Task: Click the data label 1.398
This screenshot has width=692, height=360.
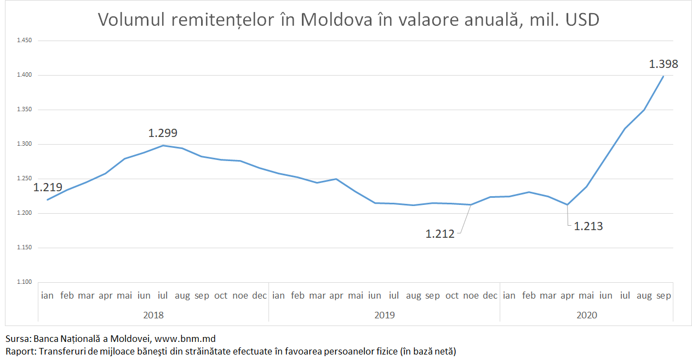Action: (x=664, y=64)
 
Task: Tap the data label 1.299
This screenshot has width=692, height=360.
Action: (x=163, y=133)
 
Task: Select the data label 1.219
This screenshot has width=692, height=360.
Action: (x=48, y=187)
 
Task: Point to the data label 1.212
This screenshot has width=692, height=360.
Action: (x=440, y=234)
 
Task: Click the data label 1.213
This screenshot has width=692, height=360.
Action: (x=588, y=226)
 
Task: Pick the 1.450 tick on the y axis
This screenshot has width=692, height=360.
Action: (x=25, y=41)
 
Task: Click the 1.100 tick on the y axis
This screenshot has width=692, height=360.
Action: (x=25, y=282)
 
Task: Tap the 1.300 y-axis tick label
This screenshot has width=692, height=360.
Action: (x=25, y=144)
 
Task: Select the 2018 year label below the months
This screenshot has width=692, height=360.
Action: (x=153, y=315)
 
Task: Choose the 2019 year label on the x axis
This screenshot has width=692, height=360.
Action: (x=384, y=315)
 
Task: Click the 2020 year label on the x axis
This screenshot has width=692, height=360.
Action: (x=586, y=315)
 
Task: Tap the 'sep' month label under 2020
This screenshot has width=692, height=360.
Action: (x=664, y=296)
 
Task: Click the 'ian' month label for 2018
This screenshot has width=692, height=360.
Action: (x=48, y=296)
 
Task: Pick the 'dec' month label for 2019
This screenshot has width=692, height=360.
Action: (x=490, y=296)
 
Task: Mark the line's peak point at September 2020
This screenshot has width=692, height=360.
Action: (x=664, y=76)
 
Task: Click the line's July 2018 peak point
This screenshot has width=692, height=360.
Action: (x=163, y=145)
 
